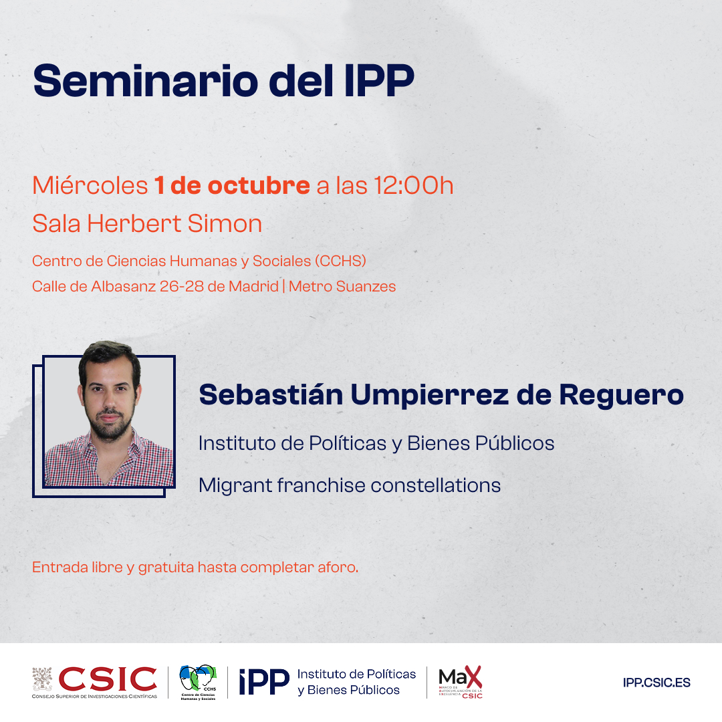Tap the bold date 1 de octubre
(232, 186)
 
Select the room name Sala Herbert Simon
(147, 224)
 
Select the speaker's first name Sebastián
(270, 394)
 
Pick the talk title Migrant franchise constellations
(350, 485)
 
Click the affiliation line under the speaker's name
(376, 443)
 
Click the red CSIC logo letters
(108, 679)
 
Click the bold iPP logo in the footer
(263, 682)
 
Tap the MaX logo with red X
(460, 682)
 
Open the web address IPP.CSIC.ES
(656, 683)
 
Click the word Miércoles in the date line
(90, 186)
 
